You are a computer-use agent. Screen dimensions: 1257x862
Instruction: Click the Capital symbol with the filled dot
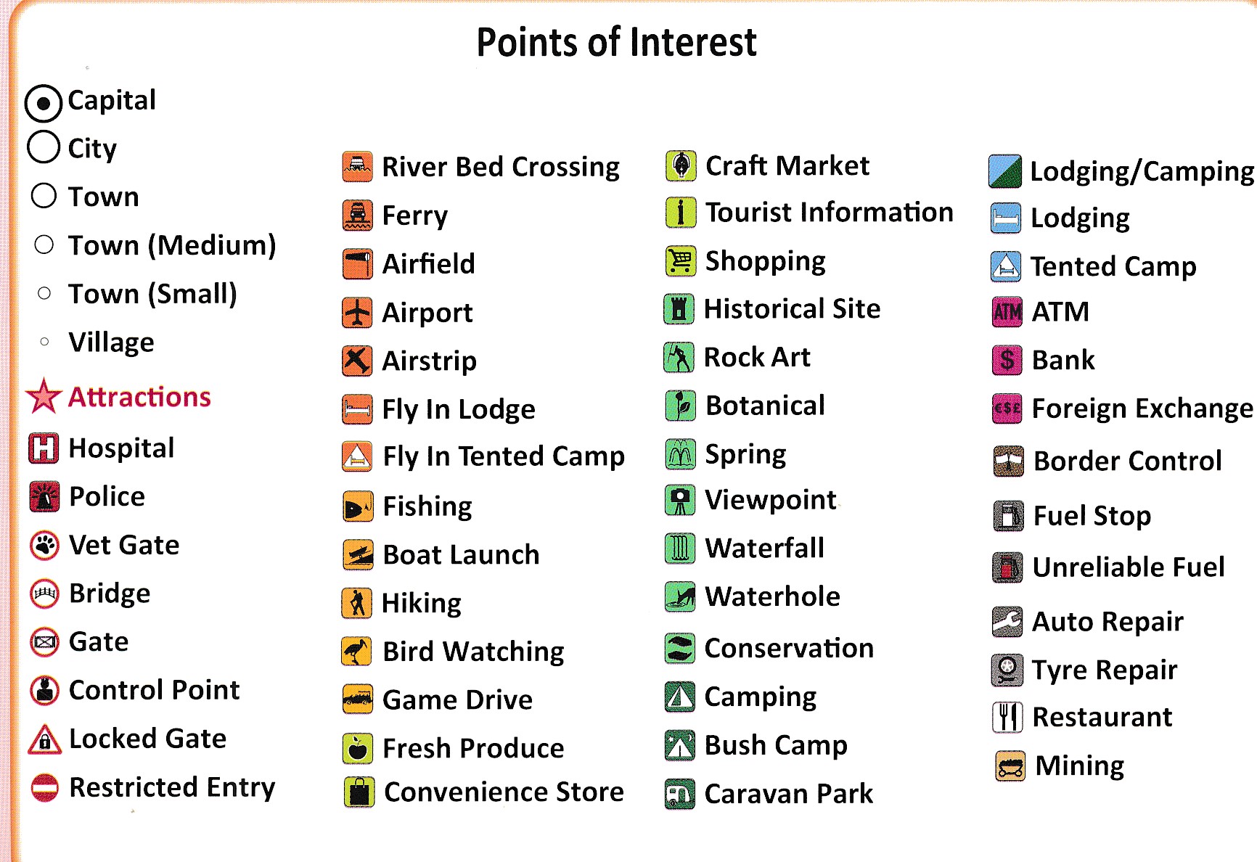coord(44,103)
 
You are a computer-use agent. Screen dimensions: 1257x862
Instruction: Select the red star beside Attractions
coord(44,396)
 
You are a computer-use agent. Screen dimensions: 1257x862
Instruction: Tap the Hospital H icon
coord(44,448)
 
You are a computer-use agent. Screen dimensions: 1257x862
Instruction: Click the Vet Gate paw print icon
coord(44,545)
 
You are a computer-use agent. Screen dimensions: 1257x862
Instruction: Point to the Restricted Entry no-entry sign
coord(44,787)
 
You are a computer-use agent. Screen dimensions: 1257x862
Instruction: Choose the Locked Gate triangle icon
coord(44,739)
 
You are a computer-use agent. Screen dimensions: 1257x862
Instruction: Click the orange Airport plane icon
coord(357,313)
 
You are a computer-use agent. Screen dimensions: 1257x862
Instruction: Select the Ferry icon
coord(357,215)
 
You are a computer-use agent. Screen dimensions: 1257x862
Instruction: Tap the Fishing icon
coord(358,507)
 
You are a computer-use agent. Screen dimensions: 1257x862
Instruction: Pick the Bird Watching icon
coord(357,652)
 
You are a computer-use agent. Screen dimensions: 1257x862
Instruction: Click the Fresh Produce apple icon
coord(358,749)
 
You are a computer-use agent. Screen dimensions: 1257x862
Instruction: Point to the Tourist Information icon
coord(681,213)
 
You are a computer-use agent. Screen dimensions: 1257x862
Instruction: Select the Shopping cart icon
coord(681,261)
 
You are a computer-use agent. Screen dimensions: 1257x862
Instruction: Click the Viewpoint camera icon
coord(680,501)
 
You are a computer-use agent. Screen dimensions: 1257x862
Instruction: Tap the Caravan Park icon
coord(680,794)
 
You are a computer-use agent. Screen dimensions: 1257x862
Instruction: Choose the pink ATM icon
coord(1007,312)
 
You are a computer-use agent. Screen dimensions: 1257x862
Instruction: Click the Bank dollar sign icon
coord(1007,360)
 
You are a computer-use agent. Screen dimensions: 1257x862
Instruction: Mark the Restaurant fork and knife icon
coord(1007,718)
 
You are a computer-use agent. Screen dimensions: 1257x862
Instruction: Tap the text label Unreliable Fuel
coord(1129,567)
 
